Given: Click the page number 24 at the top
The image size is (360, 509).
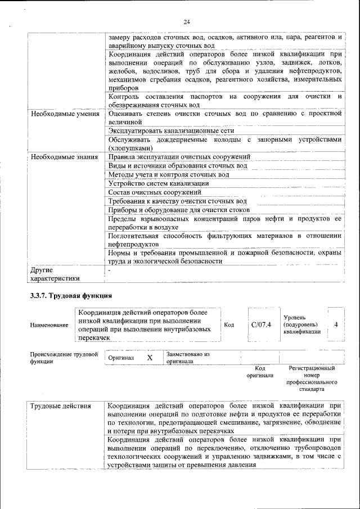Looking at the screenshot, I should click(x=187, y=22).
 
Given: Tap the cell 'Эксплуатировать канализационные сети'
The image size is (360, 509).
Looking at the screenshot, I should click(x=163, y=130).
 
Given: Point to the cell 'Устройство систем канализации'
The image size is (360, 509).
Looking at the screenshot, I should click(x=159, y=183).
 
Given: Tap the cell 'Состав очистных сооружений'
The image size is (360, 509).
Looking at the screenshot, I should click(x=155, y=192).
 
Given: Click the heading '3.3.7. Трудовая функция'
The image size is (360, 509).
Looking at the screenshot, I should click(x=71, y=295).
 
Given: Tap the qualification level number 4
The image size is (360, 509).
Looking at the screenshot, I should click(x=336, y=325).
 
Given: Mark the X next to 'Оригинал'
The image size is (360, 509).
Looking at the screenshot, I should click(x=150, y=358).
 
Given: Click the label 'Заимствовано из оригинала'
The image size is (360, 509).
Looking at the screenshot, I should click(x=188, y=358).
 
